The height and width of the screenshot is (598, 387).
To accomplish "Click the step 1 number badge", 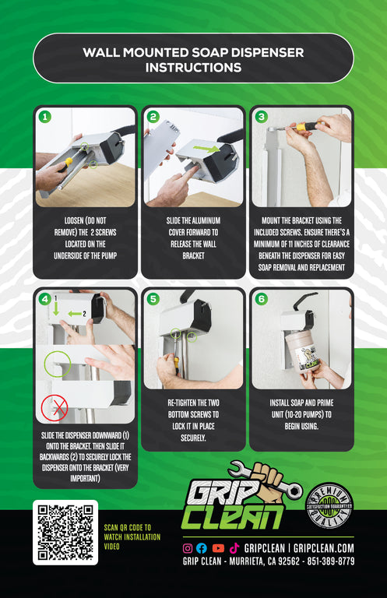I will click(x=45, y=117).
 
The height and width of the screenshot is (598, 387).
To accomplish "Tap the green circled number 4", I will click(x=45, y=299).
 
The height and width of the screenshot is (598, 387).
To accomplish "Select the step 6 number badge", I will click(x=261, y=299).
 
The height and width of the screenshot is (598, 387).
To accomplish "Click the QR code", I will click(x=65, y=532).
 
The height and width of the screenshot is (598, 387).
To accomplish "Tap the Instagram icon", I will click(x=187, y=548).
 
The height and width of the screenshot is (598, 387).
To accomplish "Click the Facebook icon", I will click(x=202, y=548).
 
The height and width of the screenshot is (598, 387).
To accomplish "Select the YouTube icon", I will click(x=218, y=548).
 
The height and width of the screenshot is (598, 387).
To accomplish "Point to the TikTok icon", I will click(x=234, y=548).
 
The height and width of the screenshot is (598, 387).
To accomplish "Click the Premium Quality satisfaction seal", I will click(x=329, y=506).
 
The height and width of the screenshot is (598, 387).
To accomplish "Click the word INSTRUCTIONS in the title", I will click(x=193, y=68).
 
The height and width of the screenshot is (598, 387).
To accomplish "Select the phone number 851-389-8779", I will click(x=320, y=561).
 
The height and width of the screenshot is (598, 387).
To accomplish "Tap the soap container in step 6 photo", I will click(x=301, y=352).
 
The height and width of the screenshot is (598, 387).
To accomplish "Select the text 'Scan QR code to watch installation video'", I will click(x=132, y=536).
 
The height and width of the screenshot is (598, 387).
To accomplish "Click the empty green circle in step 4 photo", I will click(x=58, y=363).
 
